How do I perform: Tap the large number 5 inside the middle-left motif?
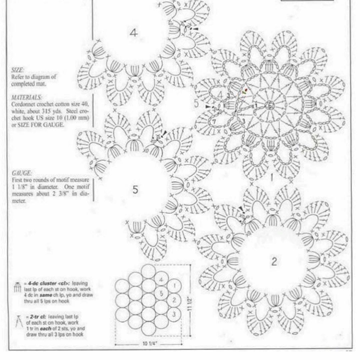135,190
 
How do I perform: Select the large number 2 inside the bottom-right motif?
274,262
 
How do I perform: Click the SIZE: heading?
17,70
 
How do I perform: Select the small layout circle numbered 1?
174,286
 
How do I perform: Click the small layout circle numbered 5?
161,293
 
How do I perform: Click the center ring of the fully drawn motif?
270,106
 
